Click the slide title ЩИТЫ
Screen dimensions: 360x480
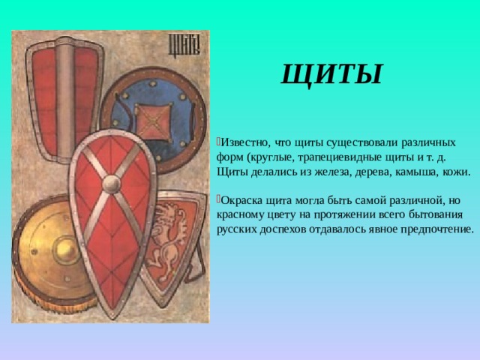pos(331,74)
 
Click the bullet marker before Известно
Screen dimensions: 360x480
pos(216,141)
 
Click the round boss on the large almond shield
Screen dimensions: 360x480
pos(112,184)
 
